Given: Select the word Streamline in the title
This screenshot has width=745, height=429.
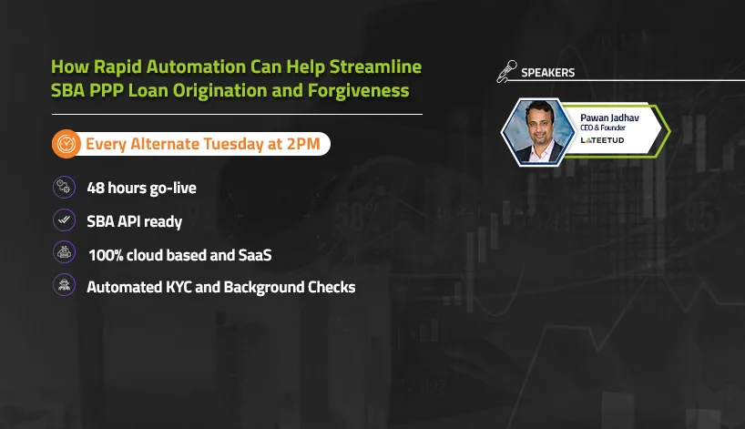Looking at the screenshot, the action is point(375,66).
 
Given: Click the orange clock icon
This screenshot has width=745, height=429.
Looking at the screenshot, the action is point(66,144).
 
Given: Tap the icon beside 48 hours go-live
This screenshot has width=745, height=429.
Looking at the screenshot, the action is point(64,188).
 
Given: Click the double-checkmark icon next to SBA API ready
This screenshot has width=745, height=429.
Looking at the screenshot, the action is point(64,220).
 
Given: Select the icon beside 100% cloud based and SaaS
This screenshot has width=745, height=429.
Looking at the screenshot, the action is point(64,252).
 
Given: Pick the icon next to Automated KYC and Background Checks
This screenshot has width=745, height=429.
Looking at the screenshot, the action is point(64,285).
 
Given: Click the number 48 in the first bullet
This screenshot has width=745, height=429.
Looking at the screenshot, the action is point(96,188).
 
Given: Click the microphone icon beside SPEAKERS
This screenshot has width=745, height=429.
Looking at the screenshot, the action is point(507,71).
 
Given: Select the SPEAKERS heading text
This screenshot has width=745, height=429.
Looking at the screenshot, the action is point(548,73).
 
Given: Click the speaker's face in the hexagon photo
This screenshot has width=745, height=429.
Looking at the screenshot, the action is point(539,125).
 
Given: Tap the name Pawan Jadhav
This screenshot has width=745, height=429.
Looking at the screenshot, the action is point(609,117).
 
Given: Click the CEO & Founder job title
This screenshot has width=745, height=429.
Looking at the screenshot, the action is point(602,128).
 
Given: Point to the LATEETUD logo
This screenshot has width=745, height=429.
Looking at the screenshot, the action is point(602,140).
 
